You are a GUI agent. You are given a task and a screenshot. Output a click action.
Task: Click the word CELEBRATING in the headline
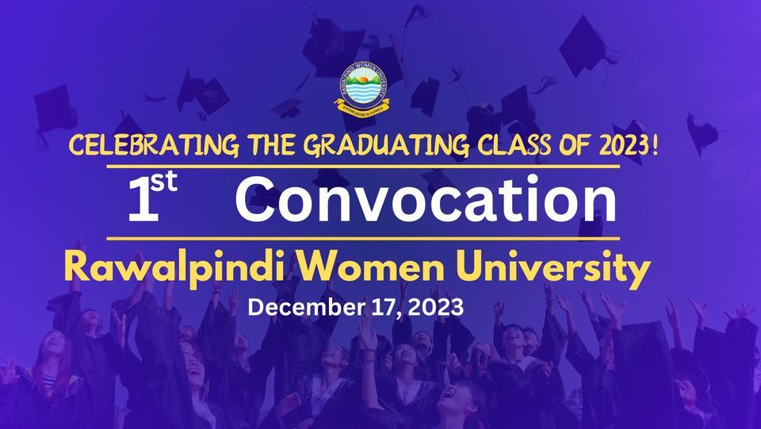click(x=154, y=146)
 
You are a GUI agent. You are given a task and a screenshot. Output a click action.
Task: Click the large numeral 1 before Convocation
click(x=143, y=200)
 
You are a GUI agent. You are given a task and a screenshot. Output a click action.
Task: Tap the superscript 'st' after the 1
click(x=164, y=182)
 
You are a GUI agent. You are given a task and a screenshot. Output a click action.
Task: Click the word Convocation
click(x=426, y=198)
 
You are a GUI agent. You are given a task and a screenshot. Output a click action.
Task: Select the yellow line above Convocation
click(x=363, y=167)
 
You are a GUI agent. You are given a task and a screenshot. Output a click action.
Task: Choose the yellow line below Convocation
click(x=363, y=238)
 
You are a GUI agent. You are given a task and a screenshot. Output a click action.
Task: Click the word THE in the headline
click(x=271, y=146)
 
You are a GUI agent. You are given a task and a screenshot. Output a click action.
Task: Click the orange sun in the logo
click(x=362, y=79)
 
